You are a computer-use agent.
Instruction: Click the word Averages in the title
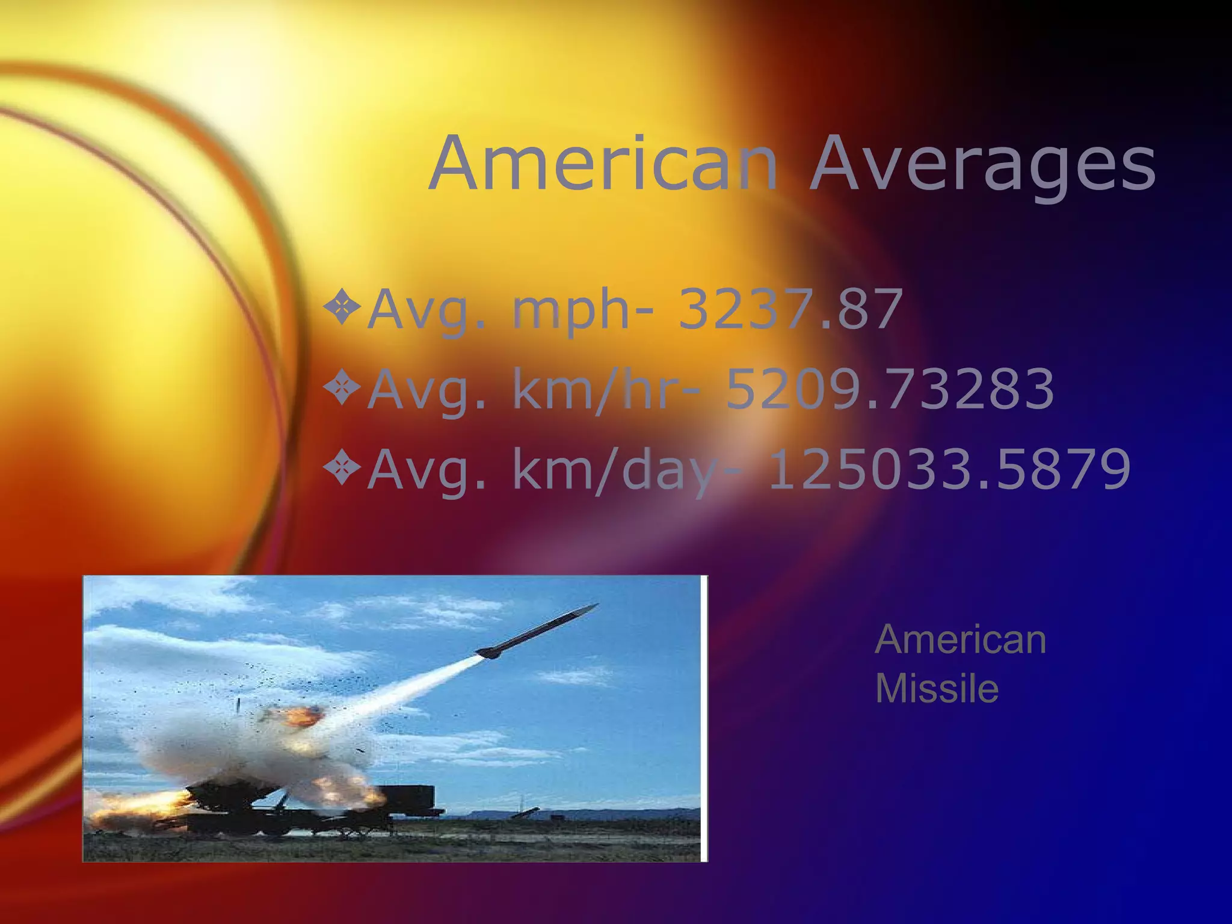tap(982, 164)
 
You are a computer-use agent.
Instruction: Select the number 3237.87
tap(790, 309)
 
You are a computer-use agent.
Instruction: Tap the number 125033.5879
tap(949, 469)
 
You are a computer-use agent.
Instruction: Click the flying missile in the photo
tap(535, 632)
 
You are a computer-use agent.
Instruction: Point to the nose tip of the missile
tap(597, 605)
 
